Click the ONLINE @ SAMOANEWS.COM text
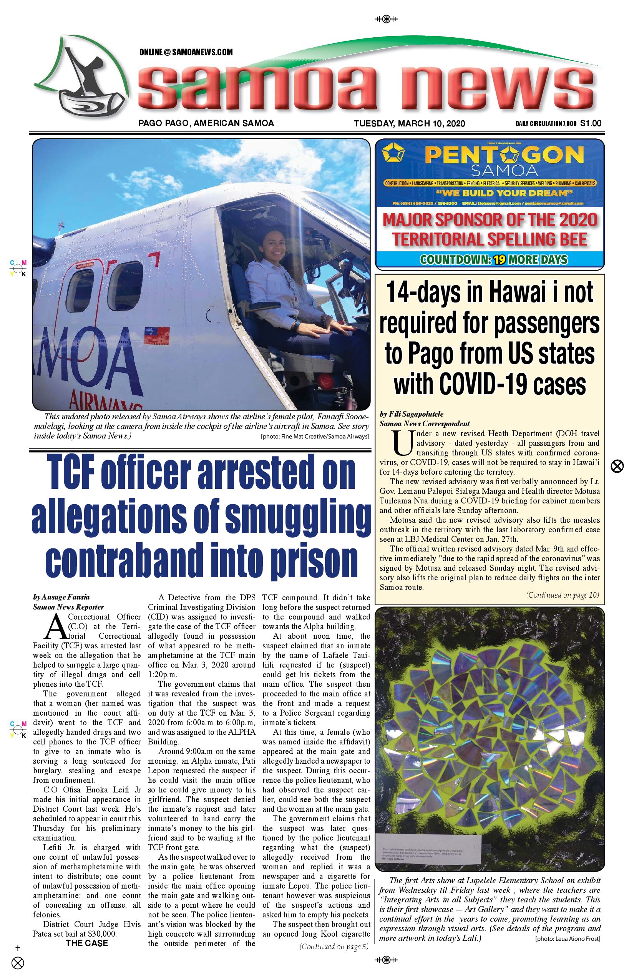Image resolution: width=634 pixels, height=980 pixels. [x=186, y=52]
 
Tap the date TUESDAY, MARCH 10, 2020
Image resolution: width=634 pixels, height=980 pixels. [x=409, y=123]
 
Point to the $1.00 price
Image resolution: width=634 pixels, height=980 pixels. [x=591, y=123]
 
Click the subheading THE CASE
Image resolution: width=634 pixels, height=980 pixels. [x=86, y=943]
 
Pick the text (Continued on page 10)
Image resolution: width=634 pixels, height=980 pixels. [x=562, y=595]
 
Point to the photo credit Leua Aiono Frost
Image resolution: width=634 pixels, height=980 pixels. [x=567, y=938]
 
